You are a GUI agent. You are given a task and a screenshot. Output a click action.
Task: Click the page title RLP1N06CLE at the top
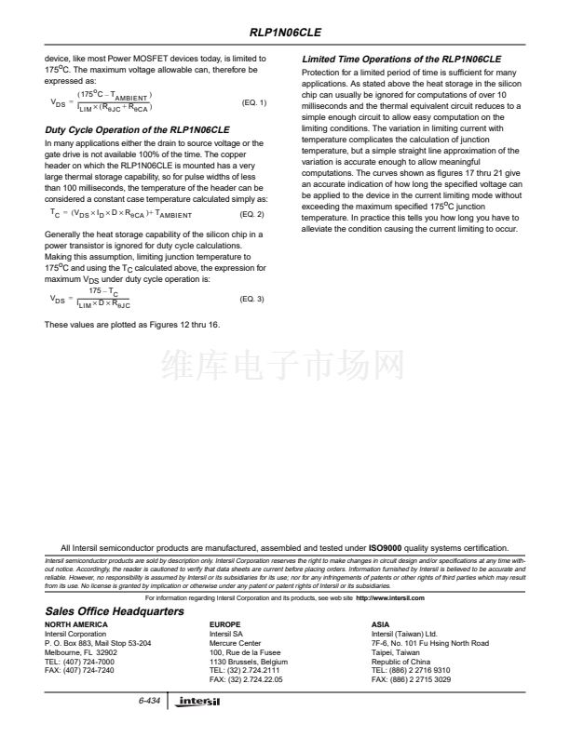[x=284, y=30]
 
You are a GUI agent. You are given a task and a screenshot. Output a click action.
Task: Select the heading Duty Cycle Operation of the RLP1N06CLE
[x=137, y=127]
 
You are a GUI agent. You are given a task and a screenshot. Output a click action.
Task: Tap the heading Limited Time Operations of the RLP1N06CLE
[x=401, y=59]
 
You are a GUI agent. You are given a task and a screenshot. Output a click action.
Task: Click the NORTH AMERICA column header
[x=75, y=625]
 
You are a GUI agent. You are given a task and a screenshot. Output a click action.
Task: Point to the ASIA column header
[x=380, y=625]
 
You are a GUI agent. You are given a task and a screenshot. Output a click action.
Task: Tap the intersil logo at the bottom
[x=200, y=702]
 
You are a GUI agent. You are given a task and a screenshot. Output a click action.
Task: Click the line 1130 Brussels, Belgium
[x=249, y=662]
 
